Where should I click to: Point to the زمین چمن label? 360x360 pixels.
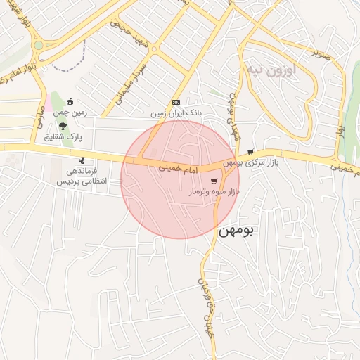[x=70, y=112]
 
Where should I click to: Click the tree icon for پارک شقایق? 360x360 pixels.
[x=64, y=125]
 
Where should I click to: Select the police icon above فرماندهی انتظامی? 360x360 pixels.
[x=82, y=160]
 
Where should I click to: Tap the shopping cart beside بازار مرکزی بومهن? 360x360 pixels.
[x=250, y=152]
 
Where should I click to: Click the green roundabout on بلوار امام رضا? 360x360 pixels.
[x=37, y=45]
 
